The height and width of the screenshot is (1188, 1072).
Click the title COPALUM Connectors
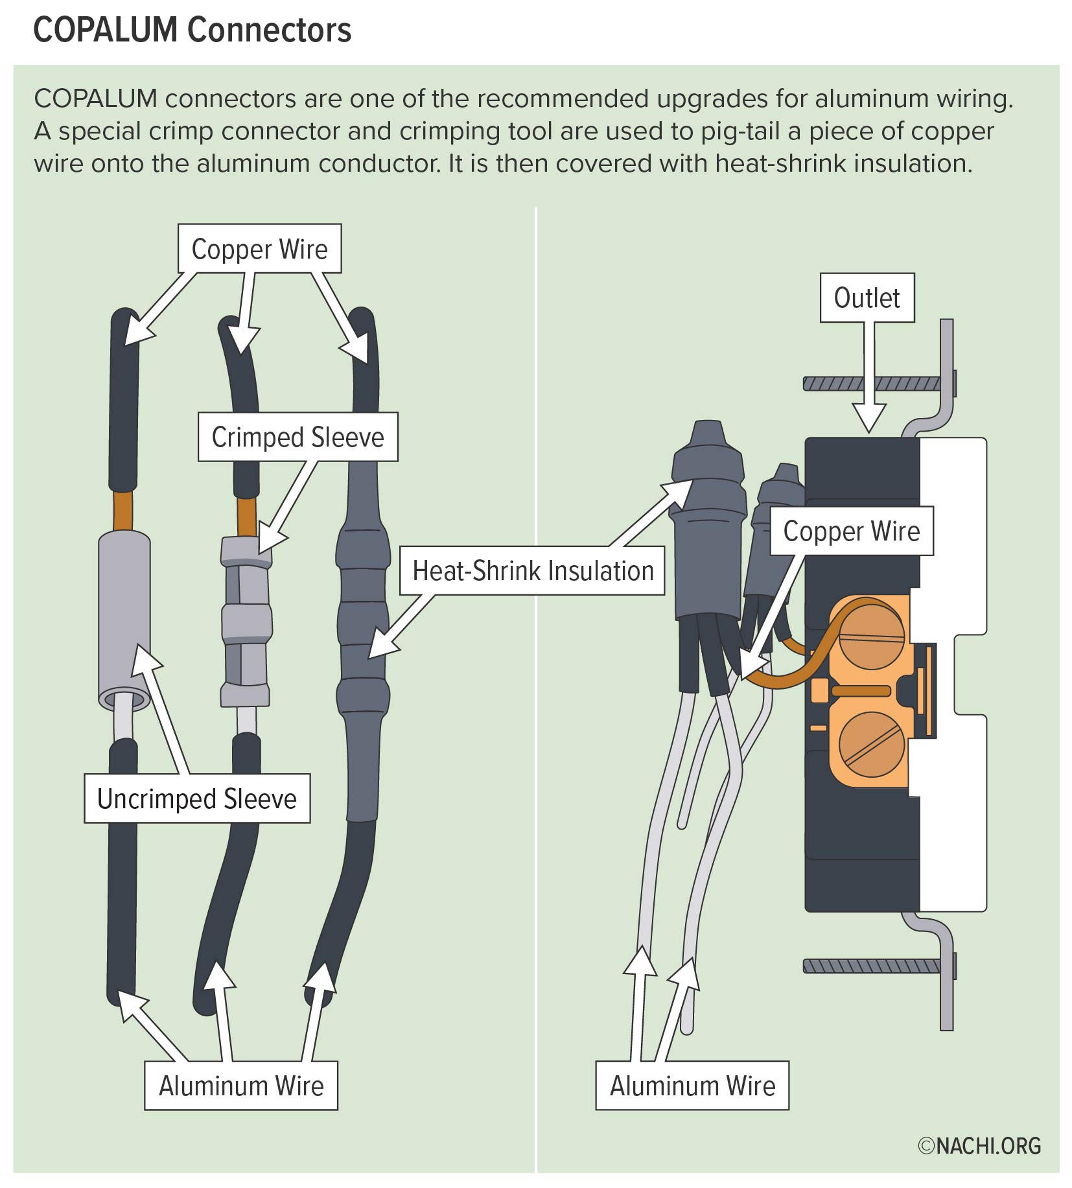point(192,30)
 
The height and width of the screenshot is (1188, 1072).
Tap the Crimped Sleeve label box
point(297,437)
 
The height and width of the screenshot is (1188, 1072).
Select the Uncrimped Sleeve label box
point(196,799)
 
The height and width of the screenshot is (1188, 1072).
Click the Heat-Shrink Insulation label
point(533,571)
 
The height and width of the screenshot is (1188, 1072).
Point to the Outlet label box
point(867,298)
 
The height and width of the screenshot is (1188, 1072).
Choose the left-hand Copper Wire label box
point(259,250)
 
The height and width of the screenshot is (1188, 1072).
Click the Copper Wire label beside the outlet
point(851,531)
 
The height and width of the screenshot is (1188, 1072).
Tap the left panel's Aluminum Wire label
point(240,1086)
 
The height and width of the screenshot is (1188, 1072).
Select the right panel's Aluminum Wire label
point(692,1086)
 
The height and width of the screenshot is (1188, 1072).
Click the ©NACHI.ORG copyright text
point(979,1145)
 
